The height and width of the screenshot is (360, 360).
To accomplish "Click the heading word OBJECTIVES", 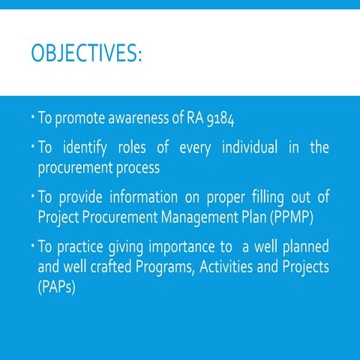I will pos(86,55).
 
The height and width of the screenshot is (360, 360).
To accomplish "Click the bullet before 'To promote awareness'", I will pos(32,117).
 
